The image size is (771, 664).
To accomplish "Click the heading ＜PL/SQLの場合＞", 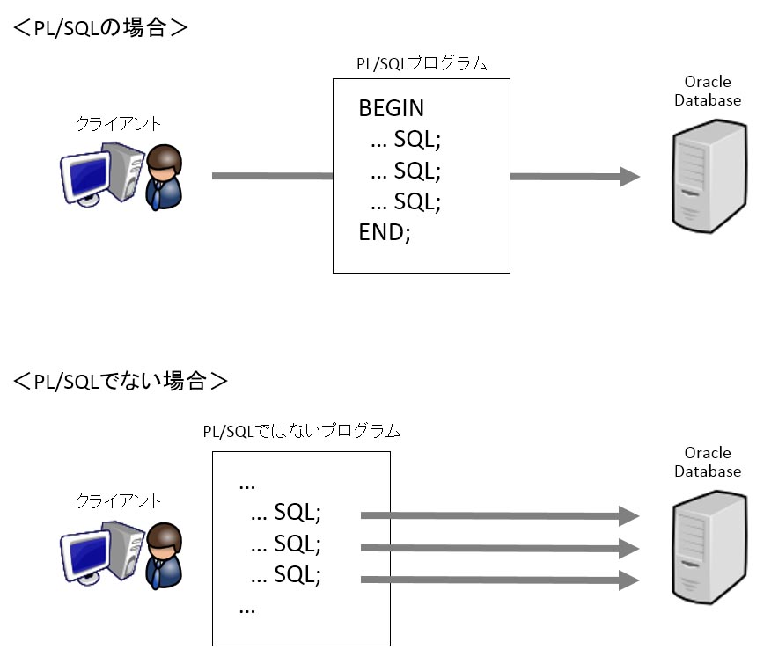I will click(x=100, y=27).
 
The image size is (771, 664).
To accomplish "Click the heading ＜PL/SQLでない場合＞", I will click(x=121, y=382).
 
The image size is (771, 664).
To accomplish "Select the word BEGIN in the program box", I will click(x=391, y=108).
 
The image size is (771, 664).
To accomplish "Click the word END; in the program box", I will click(x=385, y=233).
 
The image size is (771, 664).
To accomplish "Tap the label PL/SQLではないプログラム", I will click(x=302, y=432).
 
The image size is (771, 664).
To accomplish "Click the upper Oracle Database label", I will click(x=708, y=91).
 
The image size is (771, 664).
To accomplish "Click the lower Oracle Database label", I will click(x=708, y=462).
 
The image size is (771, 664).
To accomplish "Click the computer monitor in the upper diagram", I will click(x=86, y=173).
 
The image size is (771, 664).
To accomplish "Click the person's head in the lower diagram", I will click(x=165, y=538).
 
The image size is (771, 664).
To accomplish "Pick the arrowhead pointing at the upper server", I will click(x=629, y=177).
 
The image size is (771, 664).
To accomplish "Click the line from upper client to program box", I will click(x=272, y=177).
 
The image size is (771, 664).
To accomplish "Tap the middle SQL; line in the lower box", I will click(x=286, y=544).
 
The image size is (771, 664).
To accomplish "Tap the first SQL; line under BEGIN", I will click(x=405, y=139).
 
